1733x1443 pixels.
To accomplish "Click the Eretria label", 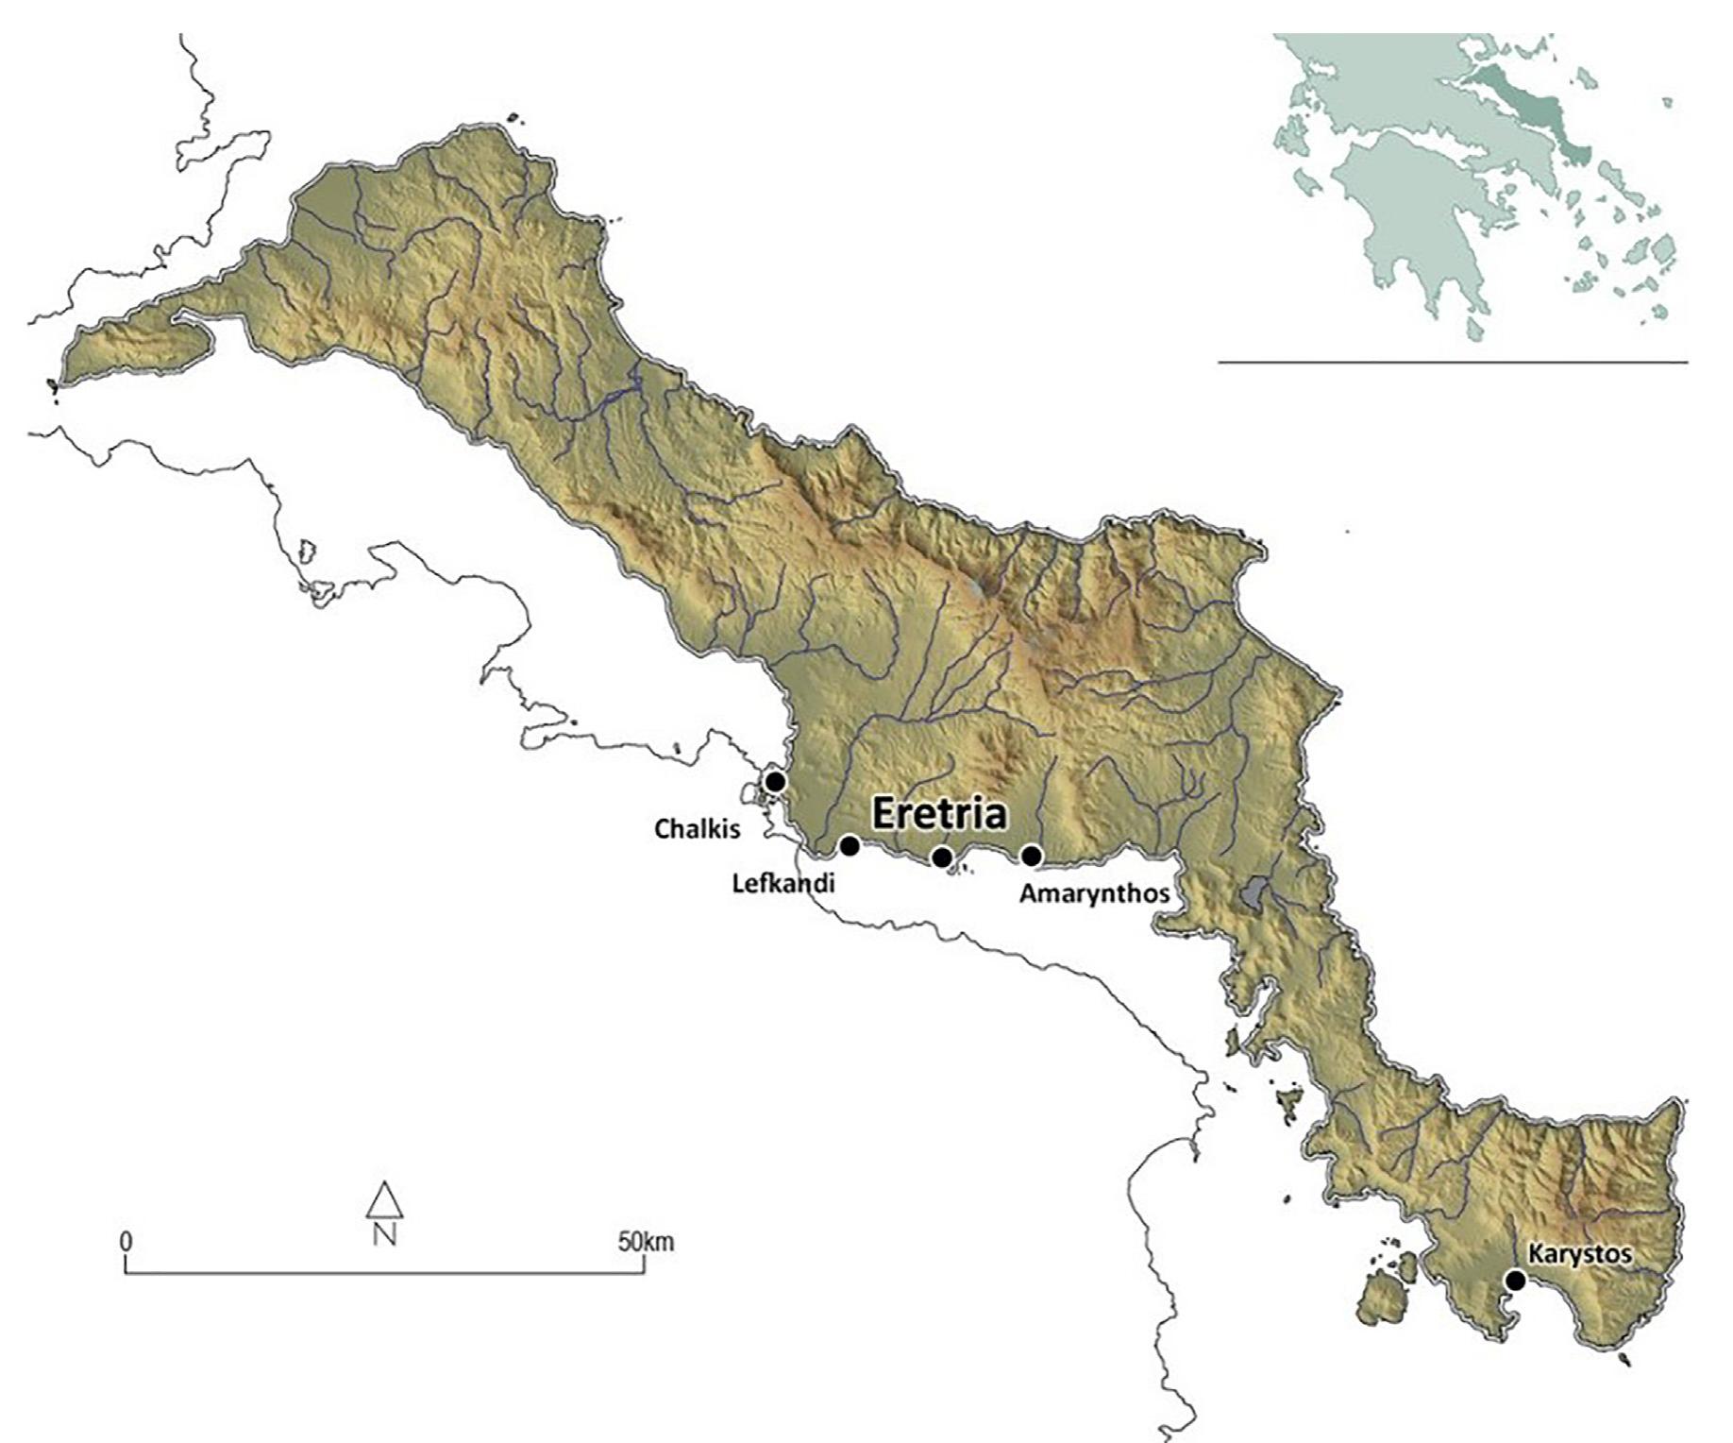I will (x=938, y=814).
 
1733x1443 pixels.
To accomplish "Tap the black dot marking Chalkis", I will (x=775, y=782).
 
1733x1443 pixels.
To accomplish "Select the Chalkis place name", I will (x=698, y=829).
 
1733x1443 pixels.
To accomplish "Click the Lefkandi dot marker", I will (x=850, y=844).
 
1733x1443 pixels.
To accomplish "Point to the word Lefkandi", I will (x=783, y=884).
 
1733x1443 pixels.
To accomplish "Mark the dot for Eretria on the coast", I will (x=941, y=857).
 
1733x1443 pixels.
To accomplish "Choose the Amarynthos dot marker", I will (x=1032, y=856).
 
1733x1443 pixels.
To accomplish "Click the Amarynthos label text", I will (x=1095, y=892).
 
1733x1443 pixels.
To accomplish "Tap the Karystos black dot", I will (x=1515, y=1281).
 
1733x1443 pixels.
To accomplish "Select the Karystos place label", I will (x=1579, y=1254).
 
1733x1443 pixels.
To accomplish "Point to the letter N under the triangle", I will (x=384, y=1233).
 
